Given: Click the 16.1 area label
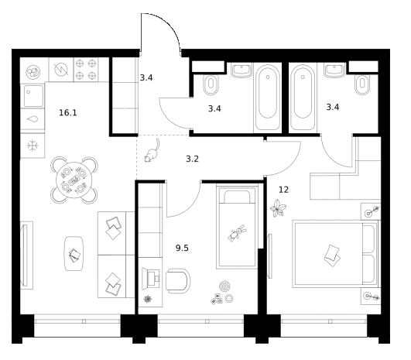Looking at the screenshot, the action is click(68, 113).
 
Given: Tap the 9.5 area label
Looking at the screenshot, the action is click(182, 248).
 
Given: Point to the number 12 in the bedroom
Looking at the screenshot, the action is click(283, 190).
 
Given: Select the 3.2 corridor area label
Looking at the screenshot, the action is click(192, 159).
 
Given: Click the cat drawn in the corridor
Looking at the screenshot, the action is click(152, 151).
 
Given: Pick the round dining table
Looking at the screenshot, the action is click(74, 180).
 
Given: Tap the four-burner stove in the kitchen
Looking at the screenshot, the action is click(86, 70).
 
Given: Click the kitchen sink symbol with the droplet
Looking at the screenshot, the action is click(33, 119).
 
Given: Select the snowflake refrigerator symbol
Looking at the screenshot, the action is click(33, 146).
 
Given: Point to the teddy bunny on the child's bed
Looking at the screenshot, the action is click(237, 232).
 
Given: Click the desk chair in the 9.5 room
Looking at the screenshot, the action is click(178, 281).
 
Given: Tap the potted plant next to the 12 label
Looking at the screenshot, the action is click(278, 208).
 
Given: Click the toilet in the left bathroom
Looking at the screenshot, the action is click(211, 84).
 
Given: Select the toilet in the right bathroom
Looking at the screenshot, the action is click(362, 84).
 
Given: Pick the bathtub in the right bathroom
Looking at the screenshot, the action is click(303, 98).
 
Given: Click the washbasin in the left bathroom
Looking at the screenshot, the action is click(241, 70).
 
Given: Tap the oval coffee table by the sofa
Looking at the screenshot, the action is click(74, 253).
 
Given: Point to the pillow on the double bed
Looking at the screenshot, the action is click(332, 255).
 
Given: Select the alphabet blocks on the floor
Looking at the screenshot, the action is click(217, 299).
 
